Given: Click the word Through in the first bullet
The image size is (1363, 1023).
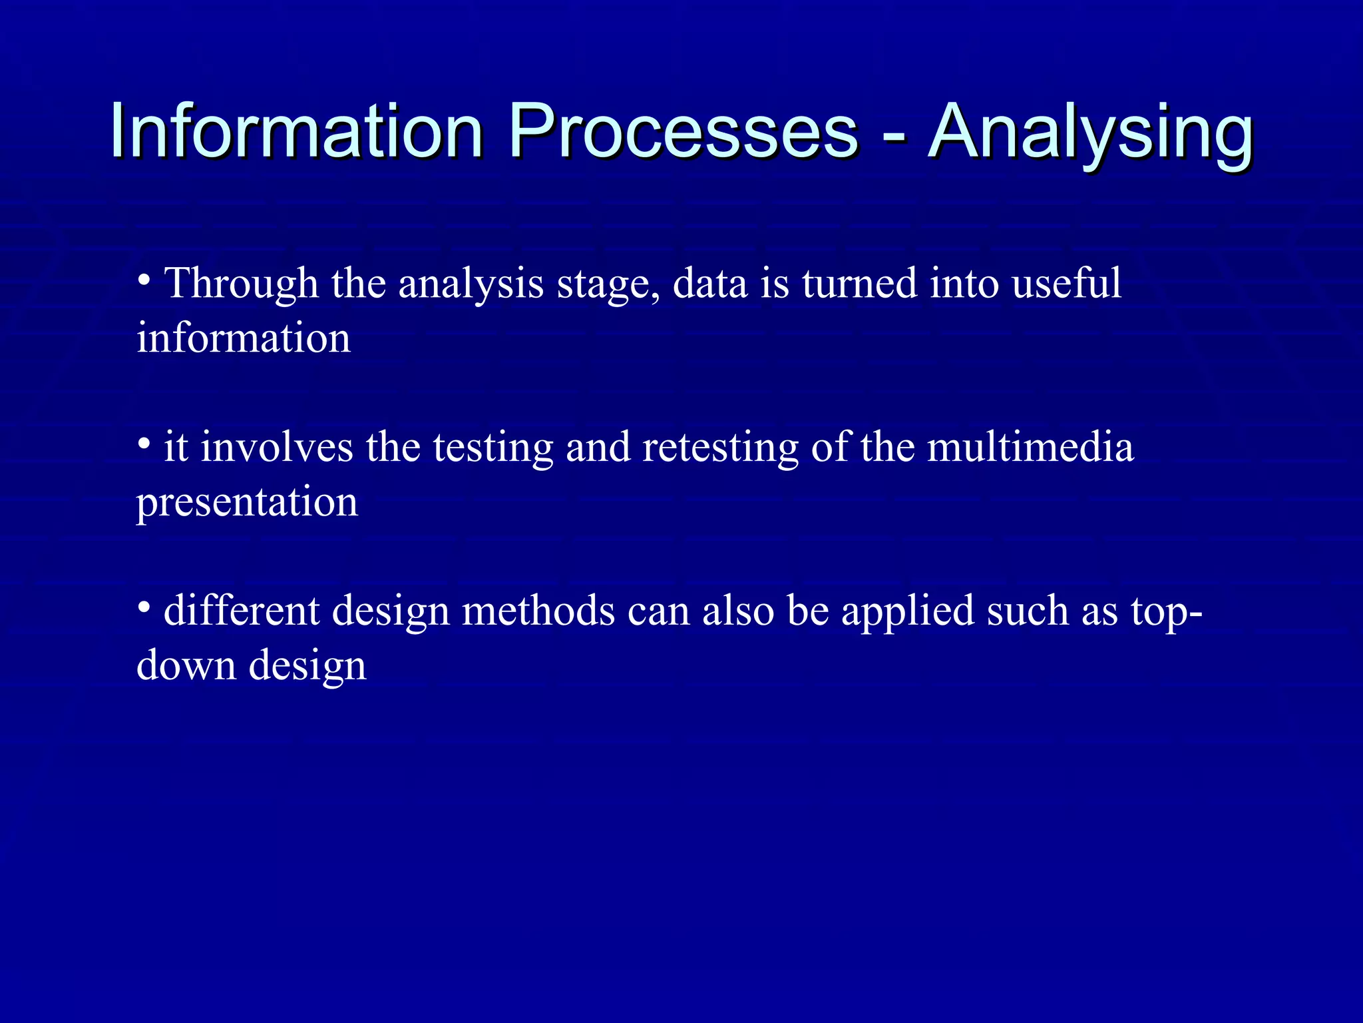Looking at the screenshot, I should (242, 283).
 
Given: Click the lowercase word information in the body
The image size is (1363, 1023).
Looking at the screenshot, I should (244, 338).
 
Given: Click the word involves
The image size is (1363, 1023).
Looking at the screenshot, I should (276, 447).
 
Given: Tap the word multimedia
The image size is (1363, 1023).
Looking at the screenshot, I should (1030, 447).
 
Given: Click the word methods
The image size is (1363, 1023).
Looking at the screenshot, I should (538, 611).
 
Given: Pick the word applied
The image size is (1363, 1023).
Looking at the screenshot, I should (907, 612).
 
